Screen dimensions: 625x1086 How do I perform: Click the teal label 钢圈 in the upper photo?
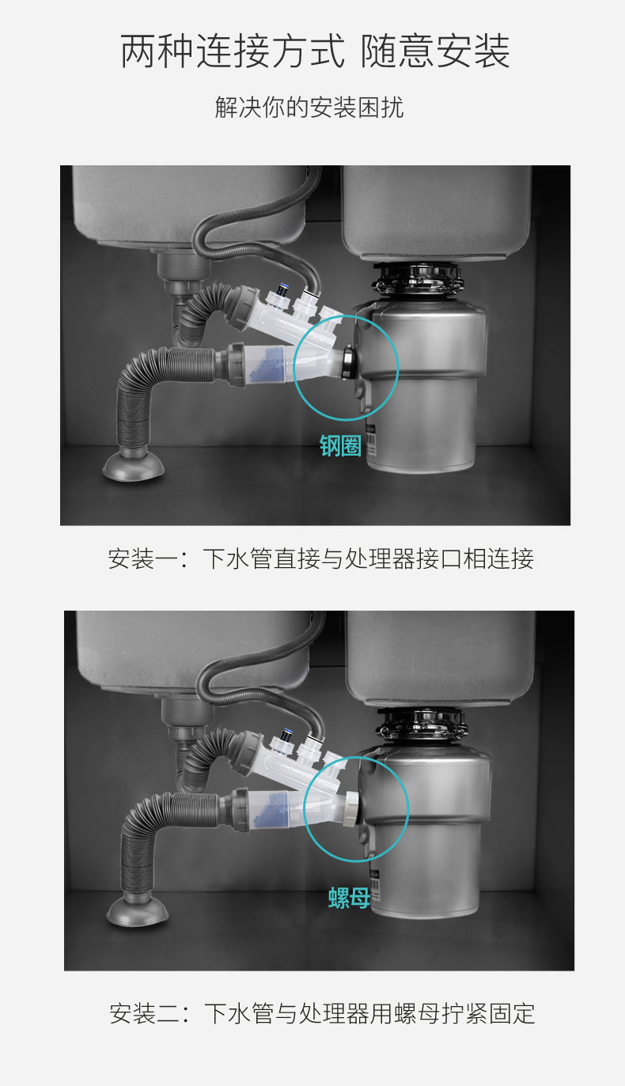click(x=340, y=446)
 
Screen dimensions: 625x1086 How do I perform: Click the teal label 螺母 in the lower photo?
click(x=349, y=898)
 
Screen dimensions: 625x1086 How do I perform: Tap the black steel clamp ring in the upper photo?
click(x=347, y=361)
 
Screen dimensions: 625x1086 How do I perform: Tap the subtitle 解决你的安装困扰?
click(x=309, y=108)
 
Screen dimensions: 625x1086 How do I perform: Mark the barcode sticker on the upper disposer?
click(x=370, y=441)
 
